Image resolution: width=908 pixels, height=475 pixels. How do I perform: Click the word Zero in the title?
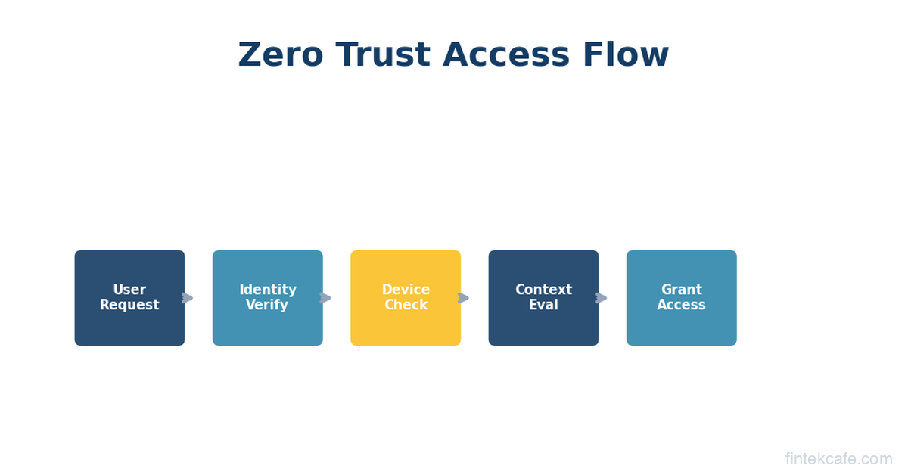click(281, 54)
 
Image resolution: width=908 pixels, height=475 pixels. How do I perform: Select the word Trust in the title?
click(383, 54)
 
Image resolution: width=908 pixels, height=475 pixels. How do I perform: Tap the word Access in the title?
click(506, 54)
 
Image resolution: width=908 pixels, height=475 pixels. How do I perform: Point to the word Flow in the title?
click(626, 54)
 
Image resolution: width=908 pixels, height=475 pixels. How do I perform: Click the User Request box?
click(129, 298)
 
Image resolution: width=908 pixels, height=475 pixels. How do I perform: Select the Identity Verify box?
click(268, 298)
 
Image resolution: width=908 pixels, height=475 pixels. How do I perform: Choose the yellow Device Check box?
click(406, 298)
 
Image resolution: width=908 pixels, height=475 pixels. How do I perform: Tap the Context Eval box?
click(543, 298)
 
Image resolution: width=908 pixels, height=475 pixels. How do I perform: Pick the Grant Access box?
click(682, 298)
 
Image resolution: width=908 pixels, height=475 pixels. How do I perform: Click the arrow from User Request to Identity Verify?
click(188, 298)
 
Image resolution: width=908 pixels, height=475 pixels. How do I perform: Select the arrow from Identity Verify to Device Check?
click(325, 298)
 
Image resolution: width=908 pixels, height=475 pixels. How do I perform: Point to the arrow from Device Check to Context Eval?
click(463, 298)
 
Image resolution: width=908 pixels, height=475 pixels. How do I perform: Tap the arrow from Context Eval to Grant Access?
click(601, 298)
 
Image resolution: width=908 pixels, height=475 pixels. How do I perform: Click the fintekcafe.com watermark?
click(838, 459)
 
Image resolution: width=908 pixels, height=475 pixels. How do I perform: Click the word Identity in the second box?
click(268, 290)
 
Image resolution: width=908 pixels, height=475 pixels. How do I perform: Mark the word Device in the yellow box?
click(406, 290)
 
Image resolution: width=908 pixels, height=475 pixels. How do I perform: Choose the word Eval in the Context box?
click(543, 304)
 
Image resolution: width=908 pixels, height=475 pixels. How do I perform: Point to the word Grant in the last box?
click(682, 290)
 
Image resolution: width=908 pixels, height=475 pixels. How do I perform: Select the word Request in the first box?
click(129, 305)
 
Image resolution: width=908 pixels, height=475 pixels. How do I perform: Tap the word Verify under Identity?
click(267, 305)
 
